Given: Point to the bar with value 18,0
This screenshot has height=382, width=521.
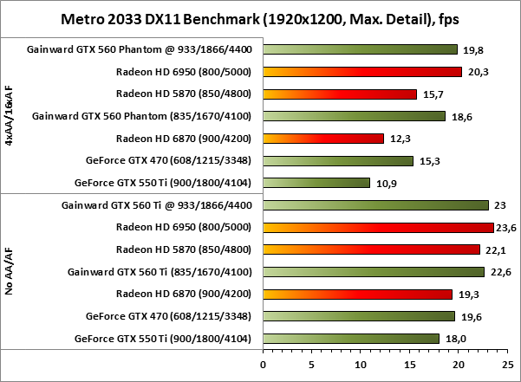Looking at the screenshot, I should [351, 339].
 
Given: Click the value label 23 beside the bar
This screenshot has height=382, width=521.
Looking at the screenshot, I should [499, 205].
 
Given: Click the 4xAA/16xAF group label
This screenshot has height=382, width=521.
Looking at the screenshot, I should [9, 116].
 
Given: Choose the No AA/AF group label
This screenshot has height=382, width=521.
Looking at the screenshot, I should [9, 271].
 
